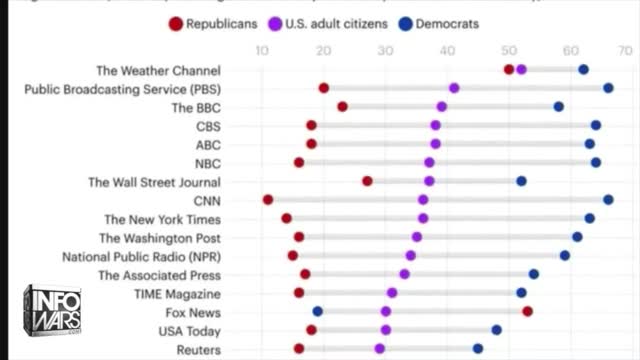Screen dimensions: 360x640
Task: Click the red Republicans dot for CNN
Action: tap(268, 200)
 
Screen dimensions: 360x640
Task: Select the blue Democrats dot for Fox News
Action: tap(318, 311)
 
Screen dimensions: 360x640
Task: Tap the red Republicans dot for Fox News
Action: tap(527, 311)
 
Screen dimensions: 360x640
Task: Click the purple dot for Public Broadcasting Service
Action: tap(454, 88)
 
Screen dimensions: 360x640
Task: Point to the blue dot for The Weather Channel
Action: tap(583, 69)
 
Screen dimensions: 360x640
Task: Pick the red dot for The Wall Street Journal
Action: tap(367, 181)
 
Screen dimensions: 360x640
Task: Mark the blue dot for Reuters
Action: tap(478, 348)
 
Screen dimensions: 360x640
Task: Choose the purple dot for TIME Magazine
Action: tap(392, 293)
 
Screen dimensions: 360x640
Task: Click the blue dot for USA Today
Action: tap(496, 330)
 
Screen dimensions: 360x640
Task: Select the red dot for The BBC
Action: tap(342, 106)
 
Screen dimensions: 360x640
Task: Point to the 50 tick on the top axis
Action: tap(509, 50)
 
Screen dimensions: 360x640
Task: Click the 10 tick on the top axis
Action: tap(262, 50)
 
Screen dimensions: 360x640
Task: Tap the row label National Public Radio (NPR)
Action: tap(141, 256)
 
